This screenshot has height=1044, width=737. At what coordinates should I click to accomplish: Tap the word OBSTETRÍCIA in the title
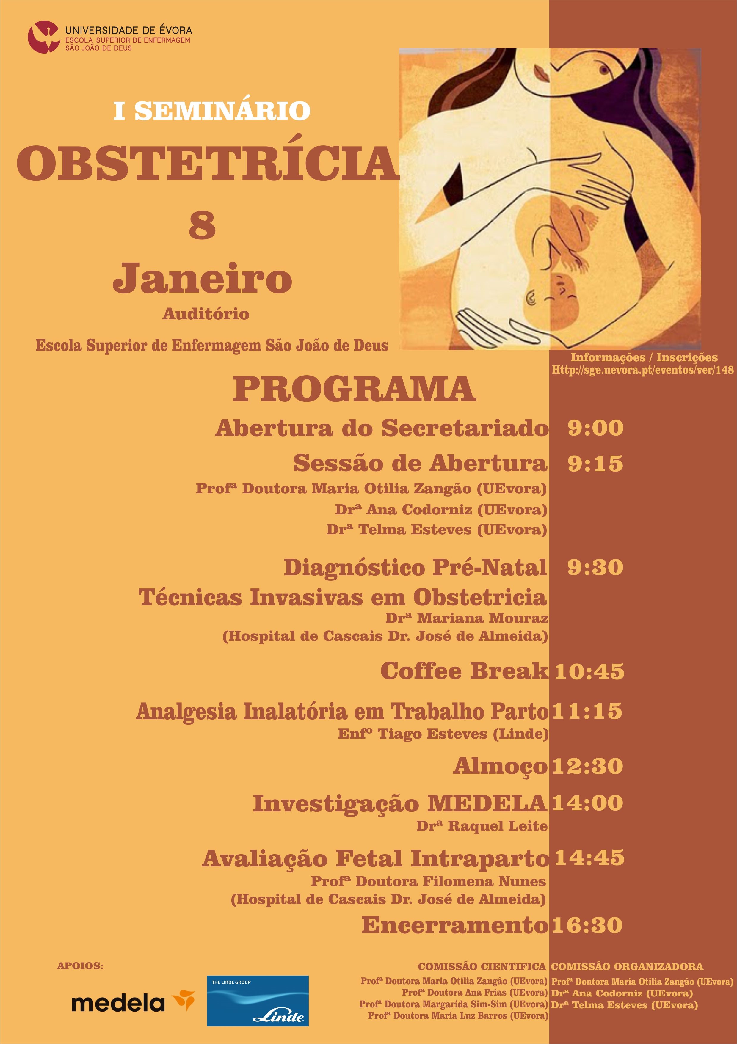coord(207,163)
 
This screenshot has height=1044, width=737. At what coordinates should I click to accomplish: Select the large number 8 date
coord(202,226)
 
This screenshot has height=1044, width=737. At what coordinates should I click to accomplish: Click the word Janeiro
coord(202,278)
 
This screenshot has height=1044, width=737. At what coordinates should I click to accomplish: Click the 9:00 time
coord(595,428)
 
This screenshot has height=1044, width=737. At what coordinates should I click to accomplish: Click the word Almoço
coord(500,766)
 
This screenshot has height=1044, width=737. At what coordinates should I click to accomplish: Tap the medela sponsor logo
coord(132,1003)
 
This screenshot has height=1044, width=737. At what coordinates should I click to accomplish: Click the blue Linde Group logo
coord(258,1001)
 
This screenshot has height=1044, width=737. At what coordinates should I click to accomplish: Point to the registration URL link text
coord(642,370)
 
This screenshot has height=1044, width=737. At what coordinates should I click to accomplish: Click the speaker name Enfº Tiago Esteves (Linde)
coord(443,734)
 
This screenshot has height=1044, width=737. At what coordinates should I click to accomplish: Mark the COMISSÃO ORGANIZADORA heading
coord(627,966)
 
